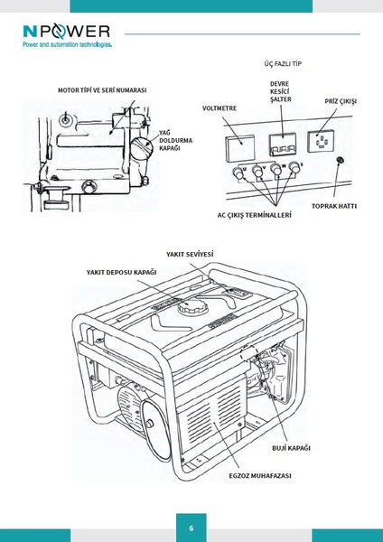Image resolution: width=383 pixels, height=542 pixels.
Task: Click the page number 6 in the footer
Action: [191, 528]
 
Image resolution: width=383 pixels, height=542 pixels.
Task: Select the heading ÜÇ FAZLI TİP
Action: [283, 66]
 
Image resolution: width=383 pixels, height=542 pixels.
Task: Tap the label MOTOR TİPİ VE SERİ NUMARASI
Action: [102, 91]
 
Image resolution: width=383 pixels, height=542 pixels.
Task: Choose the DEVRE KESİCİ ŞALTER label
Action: [280, 92]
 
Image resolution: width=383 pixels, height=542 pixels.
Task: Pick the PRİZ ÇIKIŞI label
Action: [341, 102]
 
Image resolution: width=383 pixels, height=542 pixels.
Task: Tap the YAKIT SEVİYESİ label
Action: [190, 254]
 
